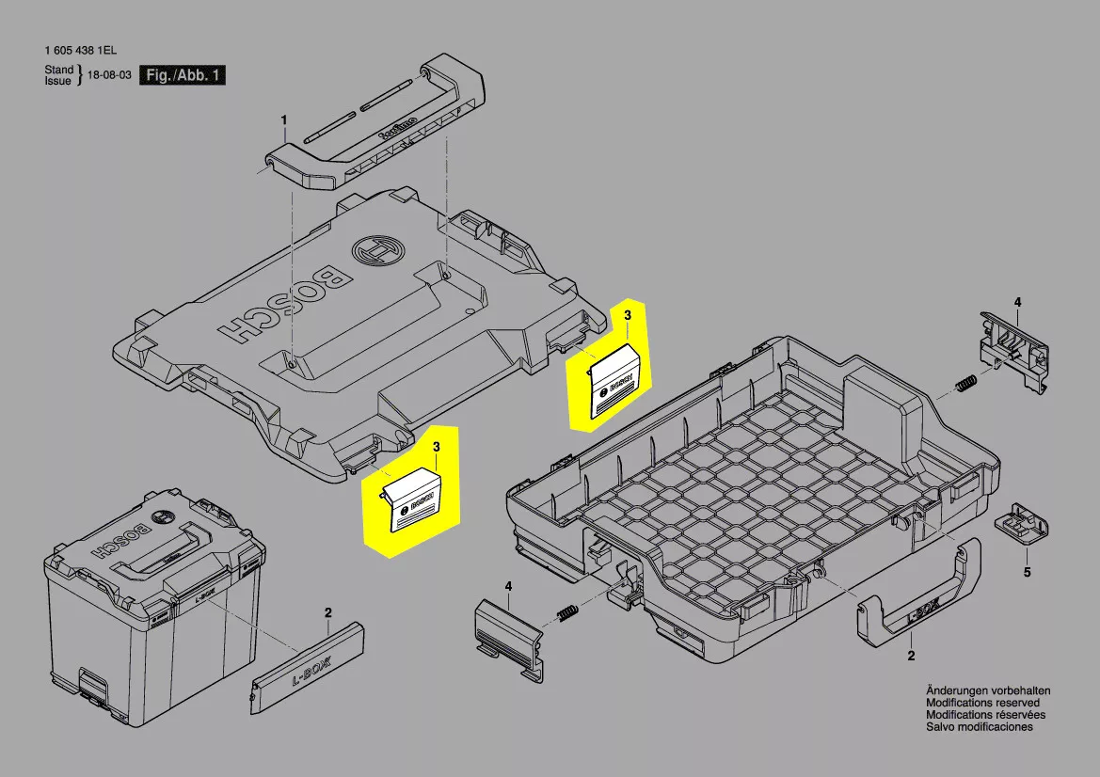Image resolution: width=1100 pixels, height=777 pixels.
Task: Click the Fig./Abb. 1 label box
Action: [183, 75]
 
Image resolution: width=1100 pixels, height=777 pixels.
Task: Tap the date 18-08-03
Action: [108, 75]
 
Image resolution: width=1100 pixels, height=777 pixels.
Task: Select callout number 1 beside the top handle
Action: [283, 119]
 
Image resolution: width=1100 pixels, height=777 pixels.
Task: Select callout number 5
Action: [1027, 572]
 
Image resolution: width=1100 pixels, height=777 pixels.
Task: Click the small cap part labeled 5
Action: [1021, 523]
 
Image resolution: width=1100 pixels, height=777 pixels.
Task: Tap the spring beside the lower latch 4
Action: [568, 613]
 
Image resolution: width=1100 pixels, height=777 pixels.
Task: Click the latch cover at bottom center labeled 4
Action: [508, 634]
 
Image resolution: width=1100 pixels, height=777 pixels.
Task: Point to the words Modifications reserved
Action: [982, 703]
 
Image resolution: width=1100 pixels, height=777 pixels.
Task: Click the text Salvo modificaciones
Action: [979, 727]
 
